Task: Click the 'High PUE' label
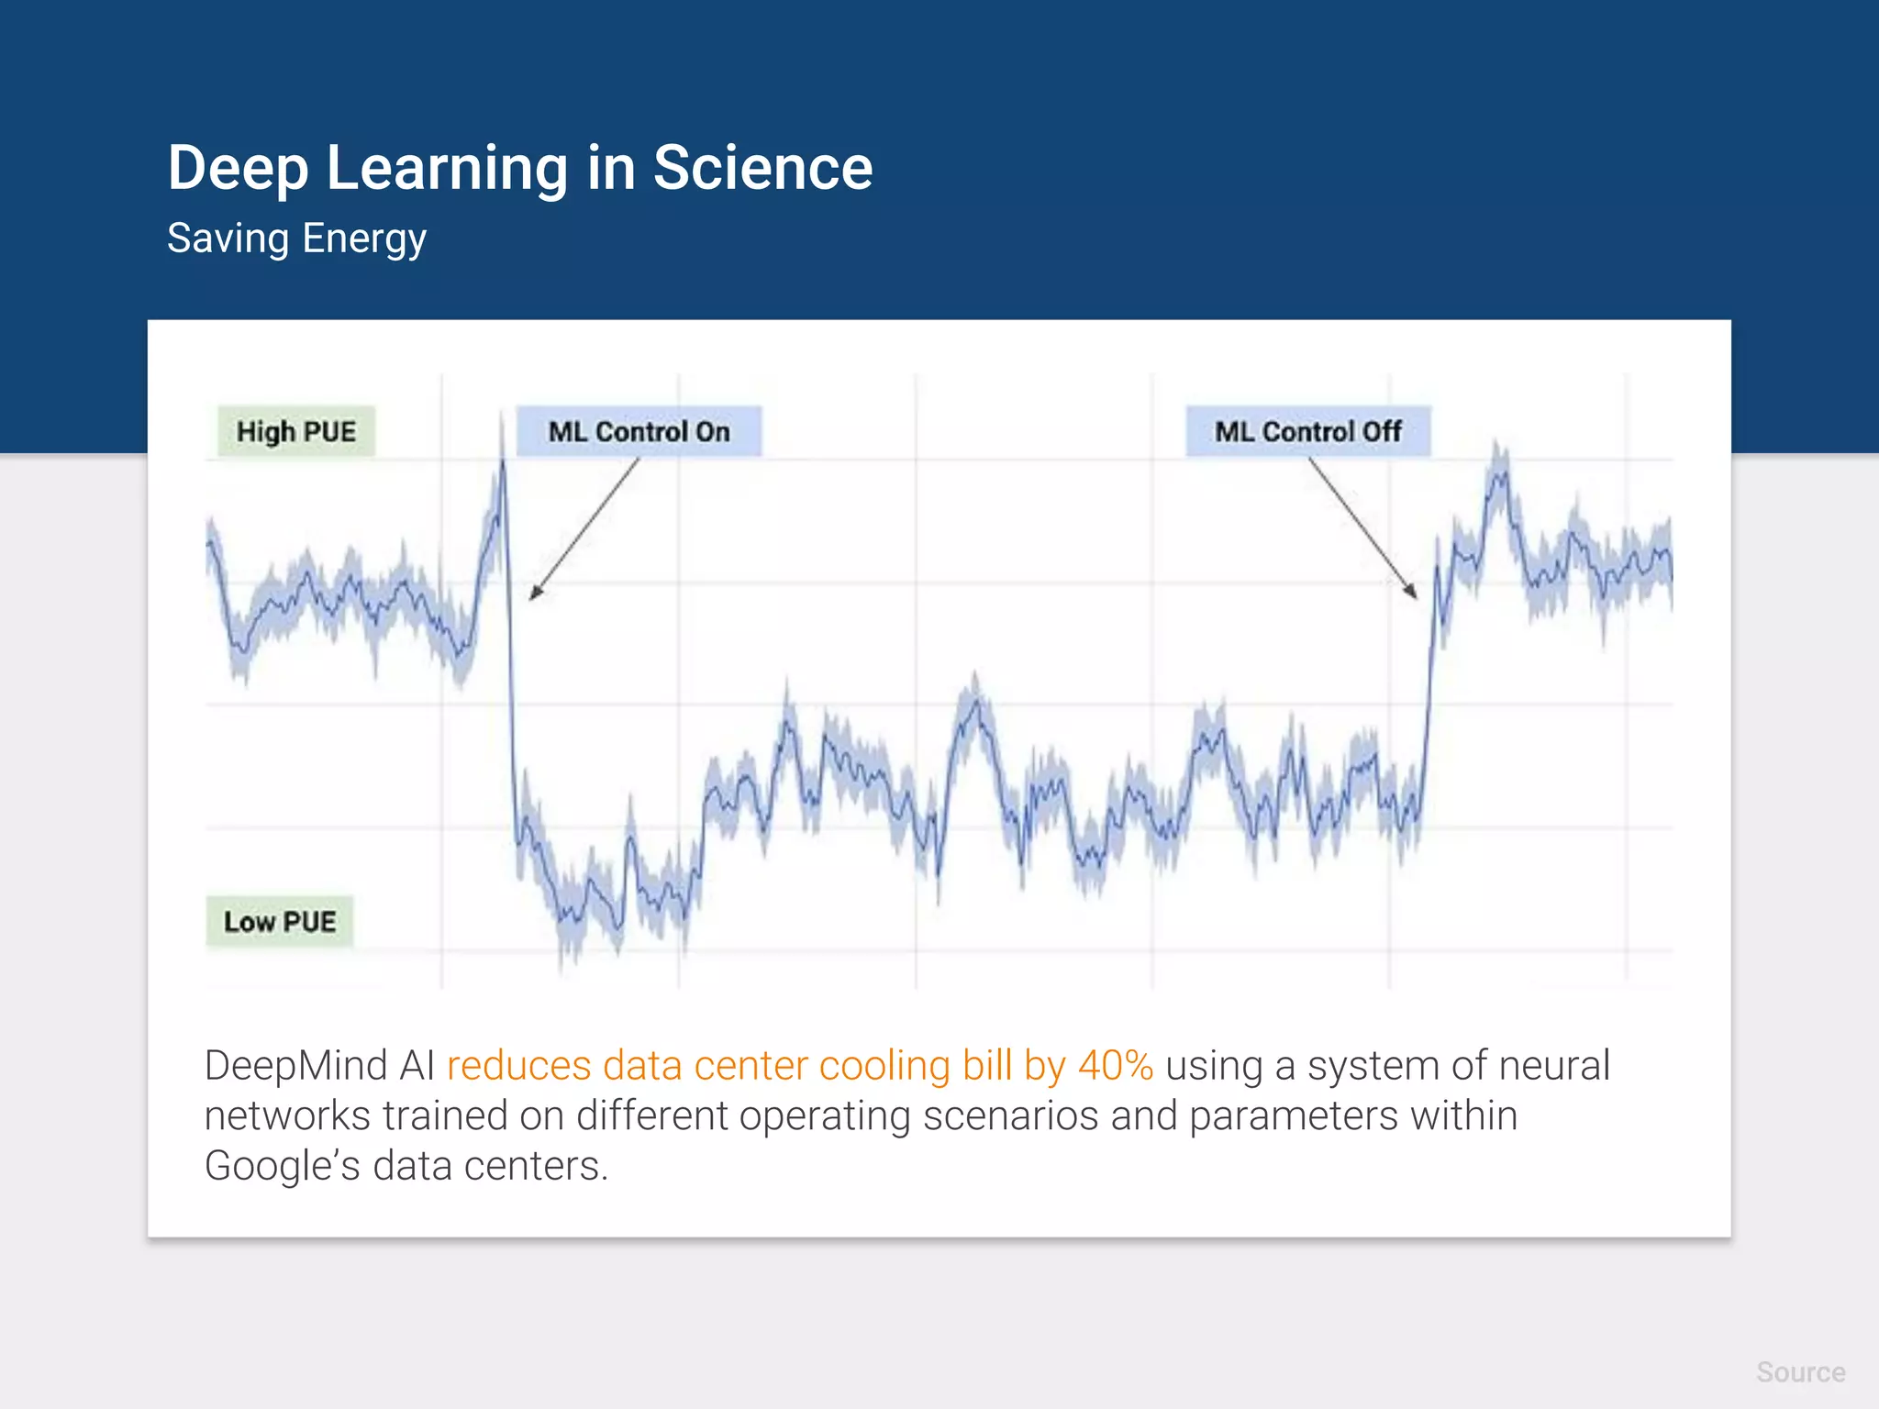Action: (x=295, y=431)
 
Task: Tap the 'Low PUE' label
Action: (x=280, y=921)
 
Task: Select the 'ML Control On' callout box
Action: (x=639, y=431)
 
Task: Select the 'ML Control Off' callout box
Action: (x=1307, y=431)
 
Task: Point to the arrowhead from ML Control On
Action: (x=534, y=594)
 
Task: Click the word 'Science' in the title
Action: (x=762, y=169)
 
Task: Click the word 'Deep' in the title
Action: (x=238, y=169)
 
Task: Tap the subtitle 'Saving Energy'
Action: (x=296, y=239)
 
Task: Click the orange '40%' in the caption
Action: (x=1115, y=1066)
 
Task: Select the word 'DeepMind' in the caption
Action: (x=296, y=1066)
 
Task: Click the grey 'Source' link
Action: (x=1800, y=1372)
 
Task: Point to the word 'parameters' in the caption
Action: (x=1294, y=1116)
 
